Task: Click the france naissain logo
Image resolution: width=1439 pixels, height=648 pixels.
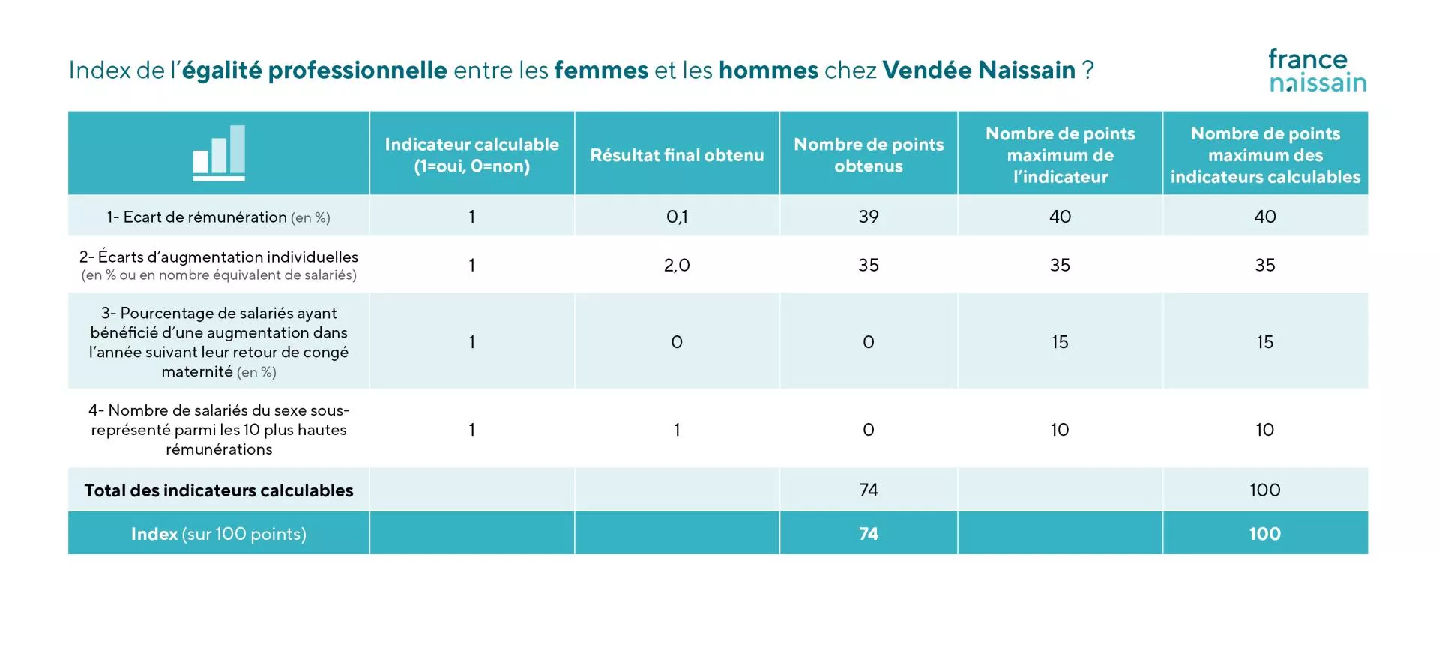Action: tap(1317, 70)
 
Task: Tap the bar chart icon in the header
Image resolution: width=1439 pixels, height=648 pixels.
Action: tap(219, 153)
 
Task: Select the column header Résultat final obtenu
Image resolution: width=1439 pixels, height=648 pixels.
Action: tap(677, 155)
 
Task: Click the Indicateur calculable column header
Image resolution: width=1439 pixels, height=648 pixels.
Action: tap(471, 155)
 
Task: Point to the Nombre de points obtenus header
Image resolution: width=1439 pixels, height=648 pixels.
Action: tap(868, 155)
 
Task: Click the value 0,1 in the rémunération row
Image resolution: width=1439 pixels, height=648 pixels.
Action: tap(677, 217)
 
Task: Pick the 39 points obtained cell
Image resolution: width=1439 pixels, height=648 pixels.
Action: tap(868, 217)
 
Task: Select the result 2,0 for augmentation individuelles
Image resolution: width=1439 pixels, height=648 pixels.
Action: tap(677, 265)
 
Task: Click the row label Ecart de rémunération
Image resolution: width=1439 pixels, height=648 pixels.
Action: tap(218, 217)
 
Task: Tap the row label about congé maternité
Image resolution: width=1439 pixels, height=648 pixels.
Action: tap(218, 342)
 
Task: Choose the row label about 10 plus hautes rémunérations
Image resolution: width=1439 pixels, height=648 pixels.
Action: tap(218, 430)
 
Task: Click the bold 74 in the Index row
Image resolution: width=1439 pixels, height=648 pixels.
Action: tap(868, 534)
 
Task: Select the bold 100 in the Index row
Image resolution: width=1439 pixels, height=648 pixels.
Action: tap(1264, 534)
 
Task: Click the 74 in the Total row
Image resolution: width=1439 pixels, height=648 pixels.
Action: tap(868, 490)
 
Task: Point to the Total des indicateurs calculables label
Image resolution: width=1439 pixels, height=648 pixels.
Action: tap(218, 490)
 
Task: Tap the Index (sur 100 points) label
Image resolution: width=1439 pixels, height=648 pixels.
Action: tap(218, 534)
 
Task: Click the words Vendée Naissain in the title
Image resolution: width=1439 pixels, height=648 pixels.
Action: tap(978, 70)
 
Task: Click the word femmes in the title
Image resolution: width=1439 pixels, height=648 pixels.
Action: tap(600, 70)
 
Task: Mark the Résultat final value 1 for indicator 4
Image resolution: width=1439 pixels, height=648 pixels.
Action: tap(677, 430)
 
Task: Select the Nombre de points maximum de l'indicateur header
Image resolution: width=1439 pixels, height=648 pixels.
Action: tap(1060, 155)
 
